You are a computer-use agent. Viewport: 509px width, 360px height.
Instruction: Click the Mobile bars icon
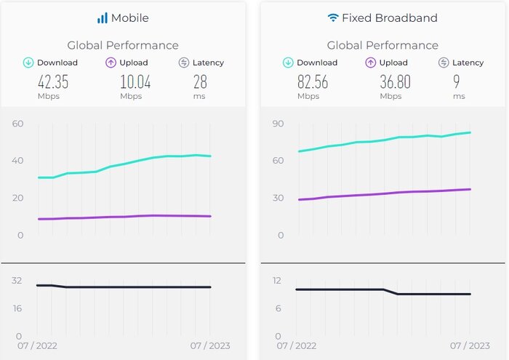(x=102, y=17)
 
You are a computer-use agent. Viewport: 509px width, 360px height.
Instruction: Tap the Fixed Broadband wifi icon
(x=333, y=17)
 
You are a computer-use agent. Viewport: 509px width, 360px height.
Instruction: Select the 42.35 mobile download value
(x=53, y=81)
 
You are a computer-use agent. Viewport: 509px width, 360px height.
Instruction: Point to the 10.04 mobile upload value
(x=135, y=81)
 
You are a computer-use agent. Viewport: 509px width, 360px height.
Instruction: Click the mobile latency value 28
(x=199, y=81)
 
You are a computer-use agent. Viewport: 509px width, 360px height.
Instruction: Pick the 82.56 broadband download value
(x=313, y=81)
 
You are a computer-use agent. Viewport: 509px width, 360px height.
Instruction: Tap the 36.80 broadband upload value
(x=395, y=81)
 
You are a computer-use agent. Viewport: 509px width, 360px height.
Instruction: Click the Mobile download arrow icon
(x=29, y=63)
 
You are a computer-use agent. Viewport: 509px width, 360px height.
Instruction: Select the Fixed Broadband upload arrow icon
(x=370, y=63)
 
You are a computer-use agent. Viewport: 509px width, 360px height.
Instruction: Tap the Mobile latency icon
(x=184, y=63)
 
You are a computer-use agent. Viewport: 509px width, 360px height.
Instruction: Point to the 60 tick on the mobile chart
(x=18, y=123)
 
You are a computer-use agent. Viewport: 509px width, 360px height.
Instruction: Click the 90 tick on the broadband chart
(x=277, y=123)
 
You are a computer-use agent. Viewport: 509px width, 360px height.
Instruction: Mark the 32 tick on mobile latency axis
(x=17, y=280)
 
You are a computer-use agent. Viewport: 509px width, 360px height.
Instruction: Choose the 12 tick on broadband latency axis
(x=277, y=280)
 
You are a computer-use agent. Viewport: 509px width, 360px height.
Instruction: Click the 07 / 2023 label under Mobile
(x=209, y=346)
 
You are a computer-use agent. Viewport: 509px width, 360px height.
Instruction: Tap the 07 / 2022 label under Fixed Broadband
(x=297, y=346)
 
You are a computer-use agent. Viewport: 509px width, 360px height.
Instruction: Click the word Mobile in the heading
(x=130, y=17)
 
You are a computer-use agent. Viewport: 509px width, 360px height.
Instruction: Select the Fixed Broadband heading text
(x=390, y=17)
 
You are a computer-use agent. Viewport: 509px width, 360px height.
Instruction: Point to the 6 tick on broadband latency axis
(x=279, y=308)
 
